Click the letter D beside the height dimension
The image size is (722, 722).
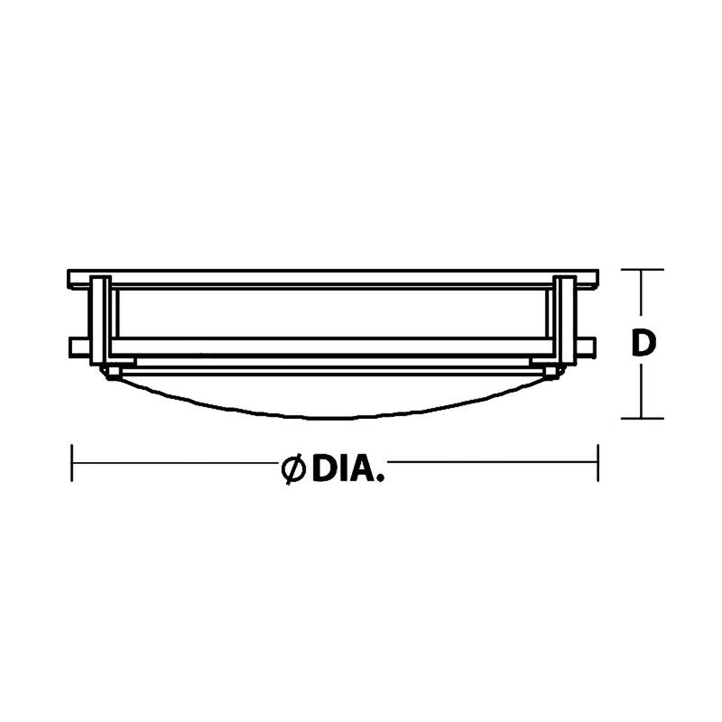642,344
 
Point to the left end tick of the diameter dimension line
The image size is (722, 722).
71,464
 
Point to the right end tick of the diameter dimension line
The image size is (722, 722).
597,464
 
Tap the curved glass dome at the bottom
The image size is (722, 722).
334,397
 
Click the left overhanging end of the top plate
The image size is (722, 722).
79,279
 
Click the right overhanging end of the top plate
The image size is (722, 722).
588,279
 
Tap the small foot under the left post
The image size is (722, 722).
113,370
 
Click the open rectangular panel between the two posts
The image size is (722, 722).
334,313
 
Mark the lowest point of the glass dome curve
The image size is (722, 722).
334,419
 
